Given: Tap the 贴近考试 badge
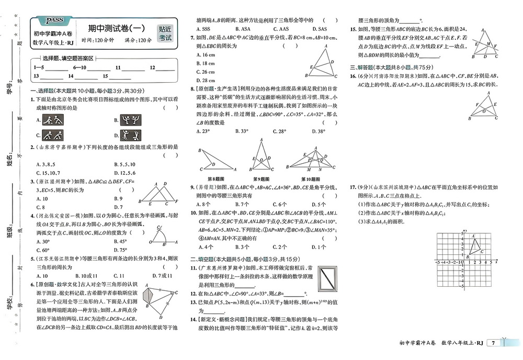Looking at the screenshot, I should [165, 34].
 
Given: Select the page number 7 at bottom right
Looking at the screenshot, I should [493, 343].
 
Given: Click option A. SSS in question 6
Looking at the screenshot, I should [203, 29].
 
